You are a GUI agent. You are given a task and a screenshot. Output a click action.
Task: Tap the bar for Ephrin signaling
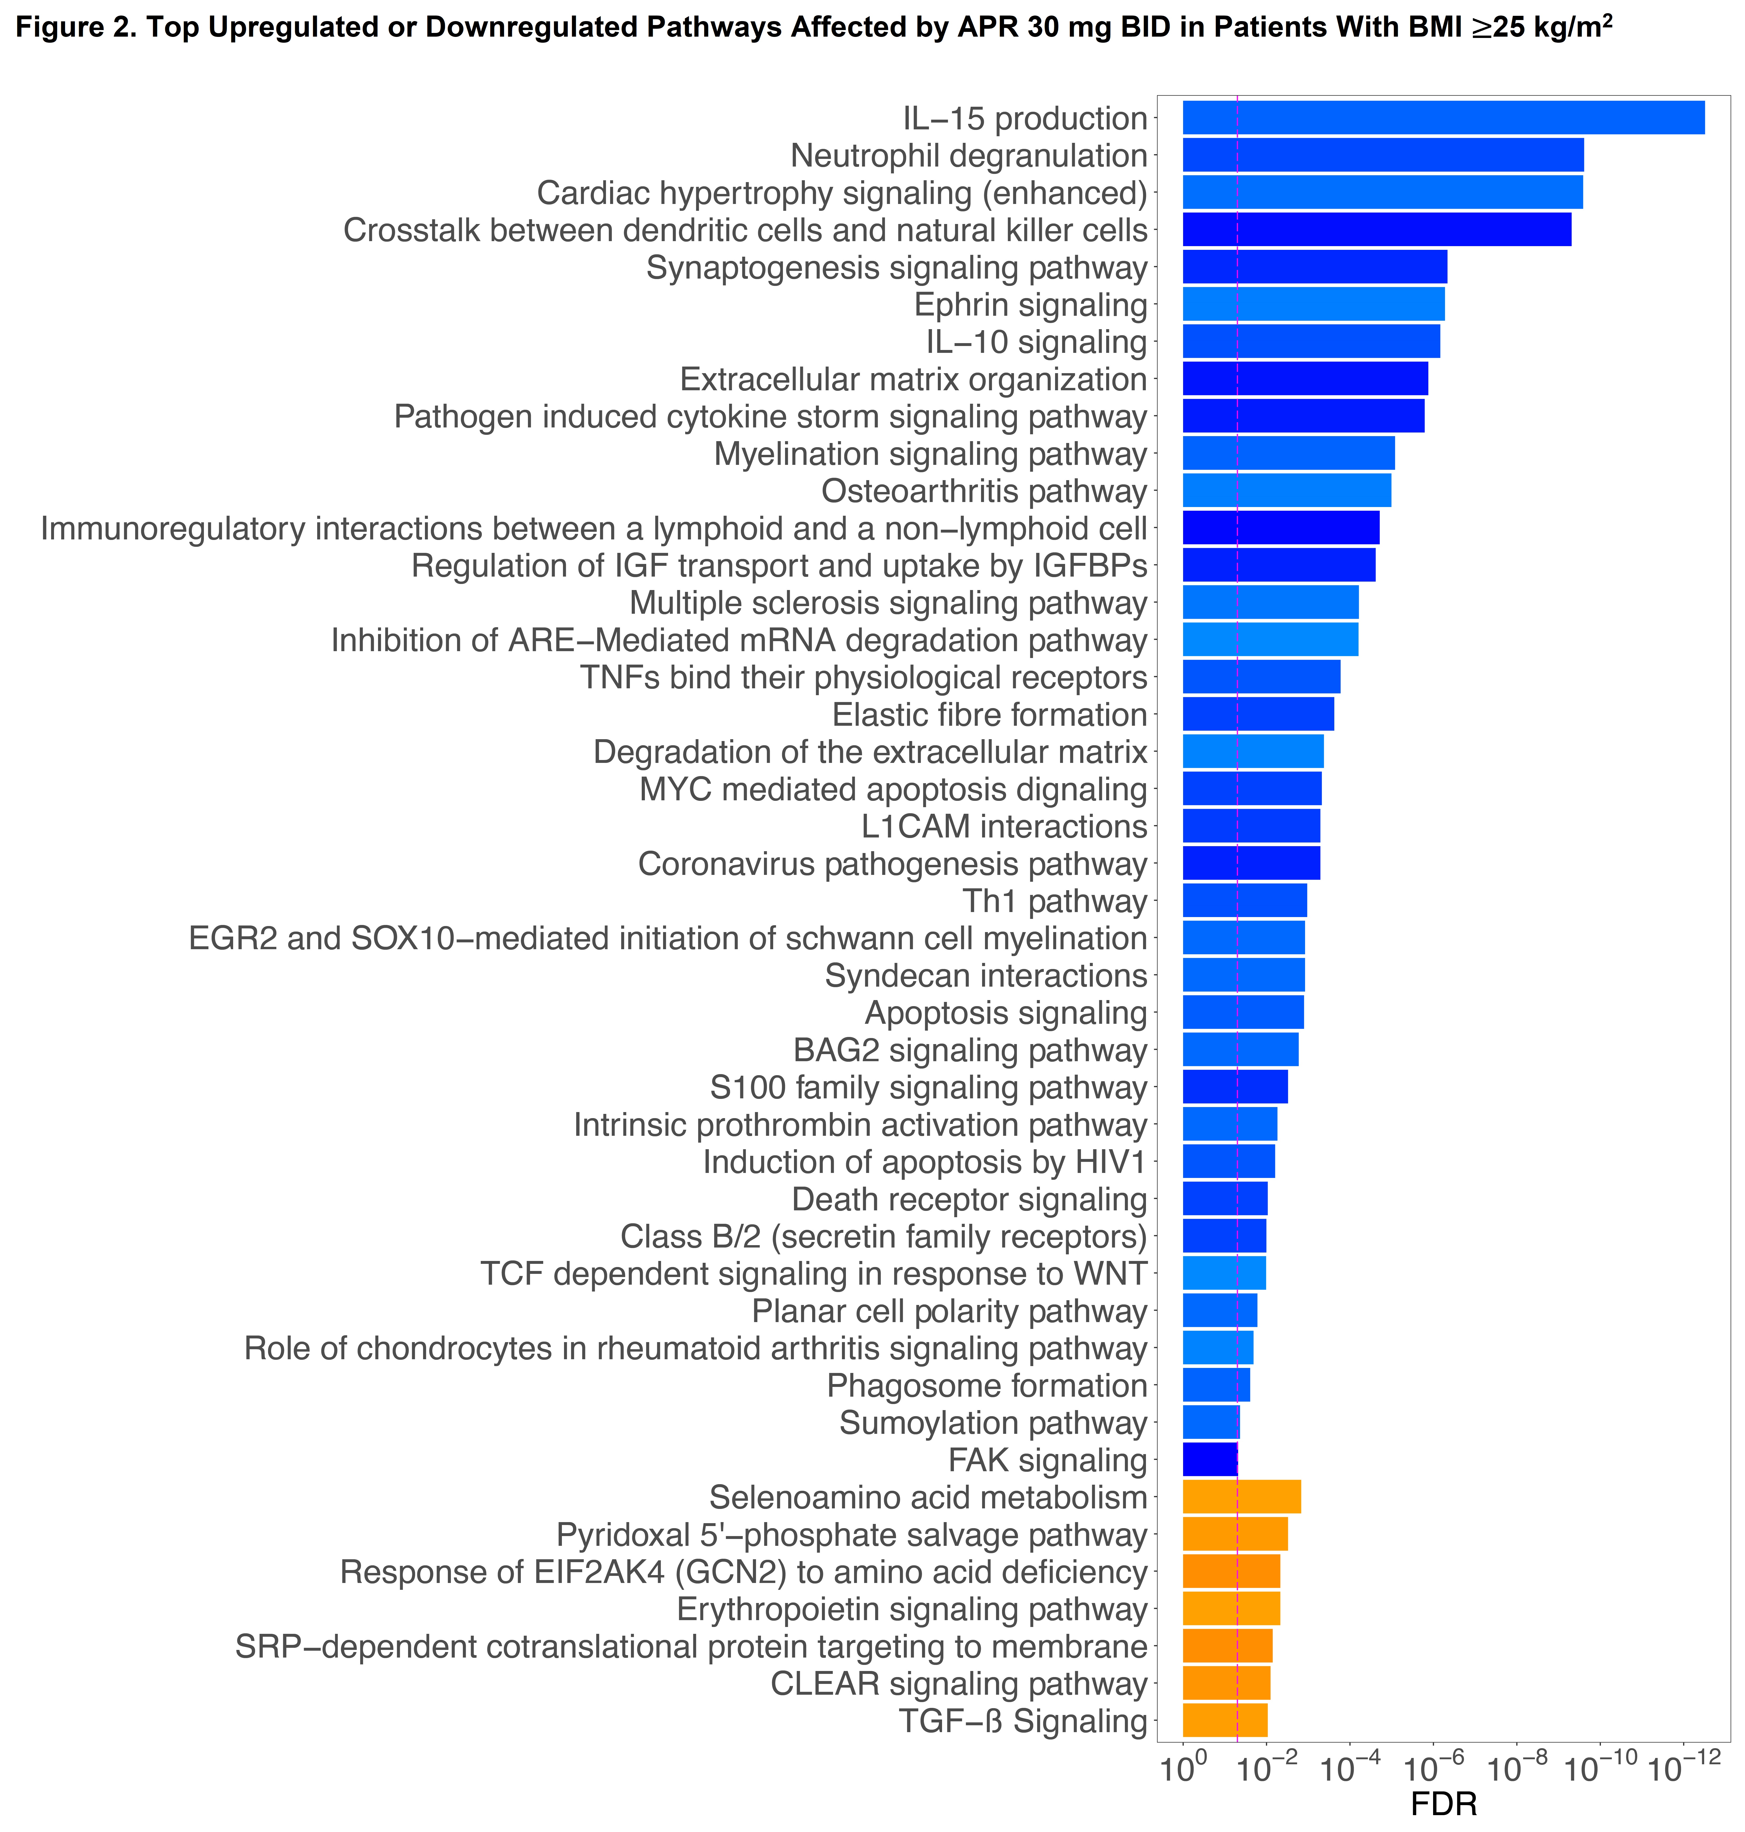click(1313, 304)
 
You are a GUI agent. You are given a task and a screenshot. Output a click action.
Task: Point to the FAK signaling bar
click(1209, 1459)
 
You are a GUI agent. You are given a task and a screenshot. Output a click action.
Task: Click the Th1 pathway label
click(1055, 901)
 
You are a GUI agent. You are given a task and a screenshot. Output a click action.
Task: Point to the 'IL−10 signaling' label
click(1036, 342)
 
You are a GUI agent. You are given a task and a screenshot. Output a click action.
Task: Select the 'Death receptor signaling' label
click(969, 1199)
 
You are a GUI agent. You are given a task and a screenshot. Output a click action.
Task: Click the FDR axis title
click(1443, 1804)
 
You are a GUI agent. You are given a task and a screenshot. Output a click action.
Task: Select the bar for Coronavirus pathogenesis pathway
click(1251, 864)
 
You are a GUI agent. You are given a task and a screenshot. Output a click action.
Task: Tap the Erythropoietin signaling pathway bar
click(1231, 1609)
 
